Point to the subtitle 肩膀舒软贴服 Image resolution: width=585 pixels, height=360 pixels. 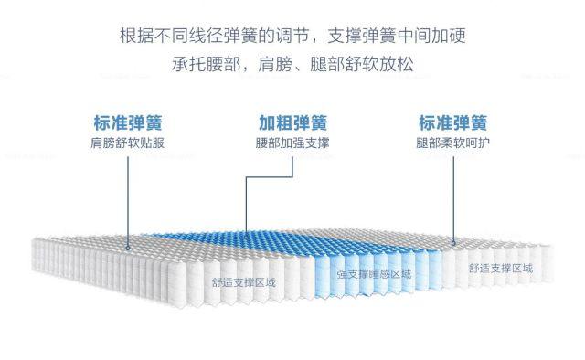[x=128, y=143]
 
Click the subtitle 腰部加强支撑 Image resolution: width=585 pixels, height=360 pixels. [x=292, y=143]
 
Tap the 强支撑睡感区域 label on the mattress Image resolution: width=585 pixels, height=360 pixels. [x=374, y=273]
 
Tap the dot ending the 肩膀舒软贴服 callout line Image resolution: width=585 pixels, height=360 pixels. [x=128, y=245]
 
